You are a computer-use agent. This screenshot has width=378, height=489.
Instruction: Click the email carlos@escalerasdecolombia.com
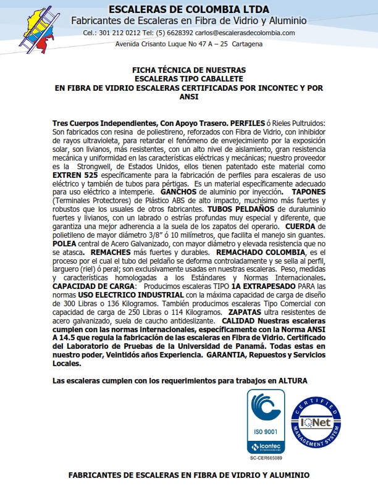245,33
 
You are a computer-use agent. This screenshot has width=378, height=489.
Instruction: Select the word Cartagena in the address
246,44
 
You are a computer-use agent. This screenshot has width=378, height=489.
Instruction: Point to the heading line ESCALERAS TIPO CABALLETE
189,79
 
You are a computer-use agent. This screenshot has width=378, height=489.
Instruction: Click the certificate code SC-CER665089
266,458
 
